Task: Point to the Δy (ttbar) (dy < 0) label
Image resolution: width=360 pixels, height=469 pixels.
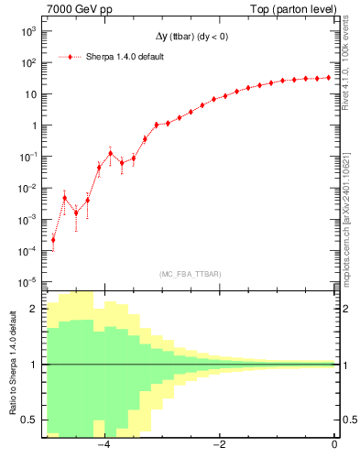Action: [x=192, y=37]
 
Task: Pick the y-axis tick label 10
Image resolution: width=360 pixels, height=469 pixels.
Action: [x=30, y=94]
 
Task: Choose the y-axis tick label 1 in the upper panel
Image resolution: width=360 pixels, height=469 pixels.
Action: [x=35, y=126]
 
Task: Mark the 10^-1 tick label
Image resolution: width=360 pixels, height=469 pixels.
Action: [x=27, y=158]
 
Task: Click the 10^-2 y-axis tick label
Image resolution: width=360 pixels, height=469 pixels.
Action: [x=27, y=189]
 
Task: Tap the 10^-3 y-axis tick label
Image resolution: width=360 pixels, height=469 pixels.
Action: [x=27, y=220]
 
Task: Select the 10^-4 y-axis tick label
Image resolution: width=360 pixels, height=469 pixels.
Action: [x=27, y=251]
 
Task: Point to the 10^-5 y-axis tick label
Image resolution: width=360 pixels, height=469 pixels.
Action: [x=27, y=282]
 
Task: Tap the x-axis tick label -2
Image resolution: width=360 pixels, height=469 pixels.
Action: [x=219, y=445]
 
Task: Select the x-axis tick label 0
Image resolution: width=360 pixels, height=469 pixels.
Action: [x=334, y=445]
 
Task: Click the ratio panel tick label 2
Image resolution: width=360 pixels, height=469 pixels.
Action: [x=35, y=310]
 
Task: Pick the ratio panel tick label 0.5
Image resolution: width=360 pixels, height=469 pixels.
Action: [x=31, y=420]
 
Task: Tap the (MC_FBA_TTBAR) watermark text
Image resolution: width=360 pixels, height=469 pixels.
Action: [x=189, y=274]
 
